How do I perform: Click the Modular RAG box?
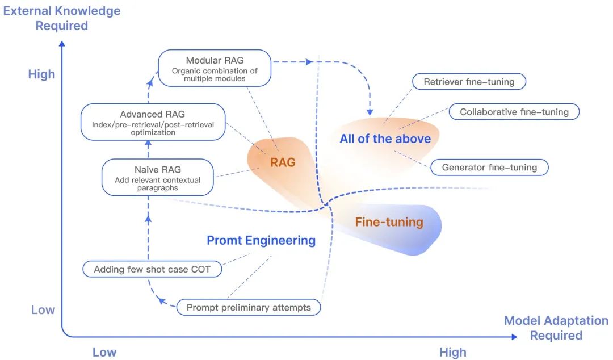pos(215,68)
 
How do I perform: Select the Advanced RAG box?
pos(153,122)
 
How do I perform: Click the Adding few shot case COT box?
pos(152,269)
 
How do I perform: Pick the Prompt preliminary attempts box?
pos(249,308)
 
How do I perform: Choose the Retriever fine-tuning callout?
pos(469,82)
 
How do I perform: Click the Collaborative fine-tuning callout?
pos(514,112)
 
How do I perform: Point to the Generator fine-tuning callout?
pos(489,168)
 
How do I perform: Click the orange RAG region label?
pos(283,162)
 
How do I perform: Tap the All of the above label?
pos(385,139)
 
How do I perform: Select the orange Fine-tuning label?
pos(389,222)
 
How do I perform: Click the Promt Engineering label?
pos(261,240)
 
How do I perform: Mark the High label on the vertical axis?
pos(42,74)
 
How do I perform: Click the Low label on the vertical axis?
pos(43,309)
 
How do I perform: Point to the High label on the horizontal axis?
pos(452,352)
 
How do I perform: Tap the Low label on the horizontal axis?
pos(104,352)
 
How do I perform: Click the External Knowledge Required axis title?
pos(62,18)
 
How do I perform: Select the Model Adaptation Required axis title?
pos(556,328)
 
